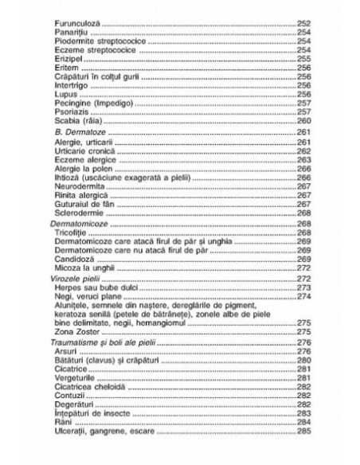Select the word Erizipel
tap(72, 59)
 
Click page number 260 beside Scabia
tap(303, 120)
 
